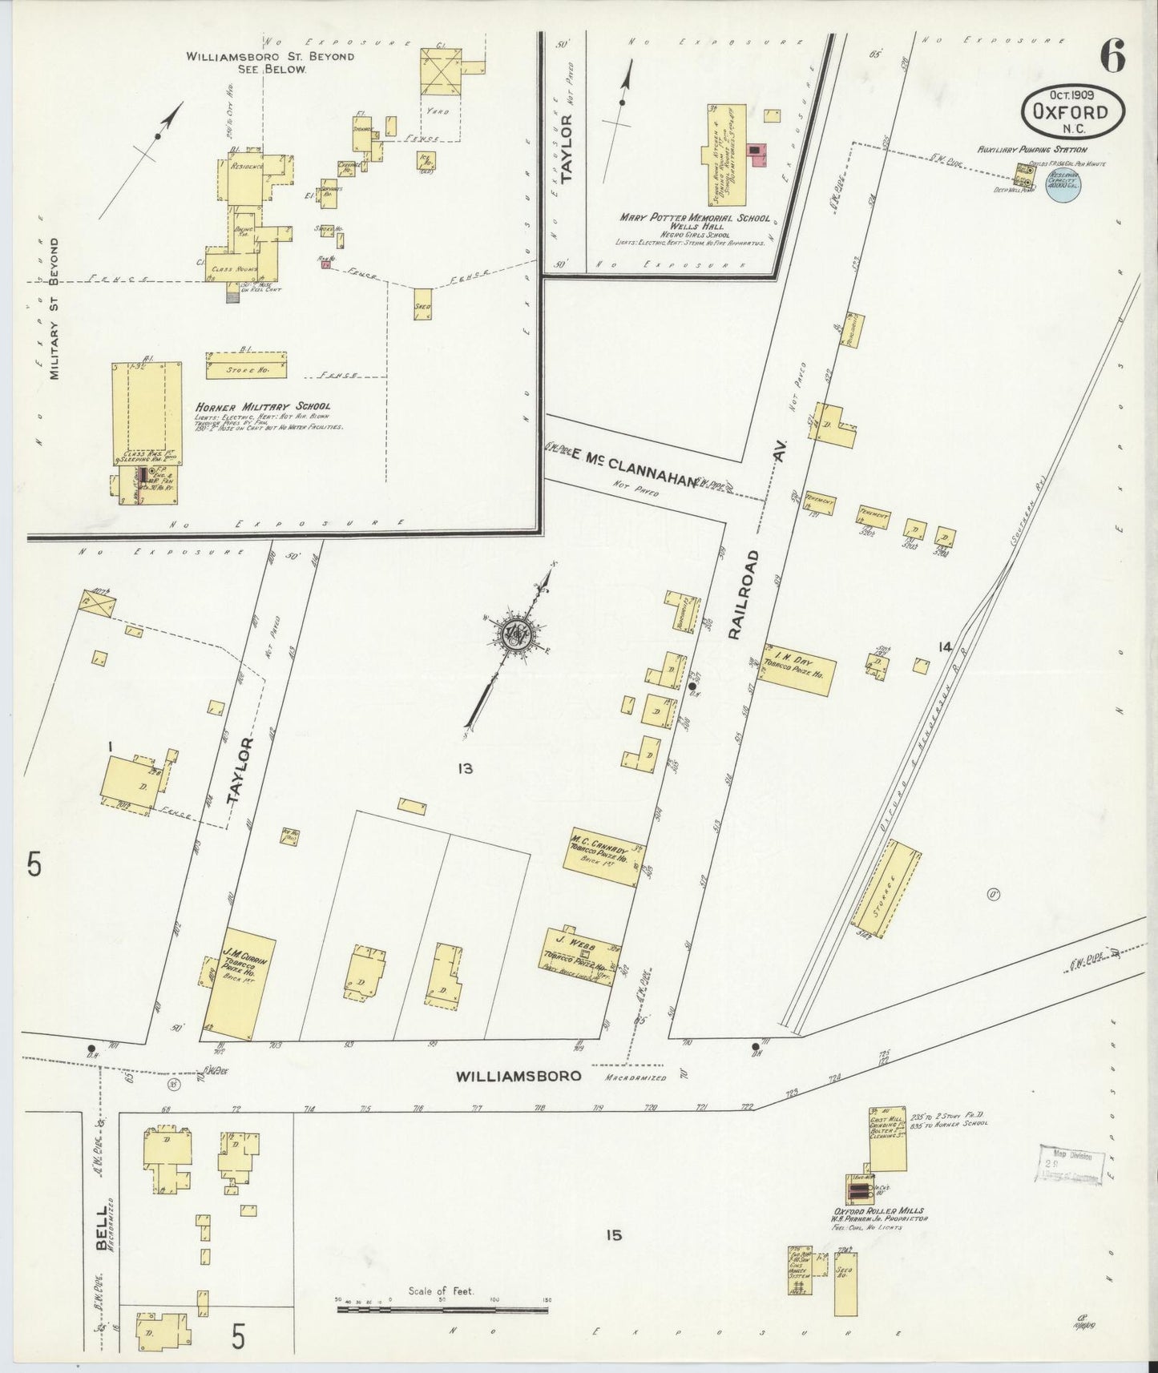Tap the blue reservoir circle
[x=1063, y=185]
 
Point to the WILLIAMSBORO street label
[x=518, y=1077]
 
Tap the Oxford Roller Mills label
[x=878, y=1210]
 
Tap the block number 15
[x=614, y=1235]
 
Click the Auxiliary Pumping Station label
[x=1031, y=149]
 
